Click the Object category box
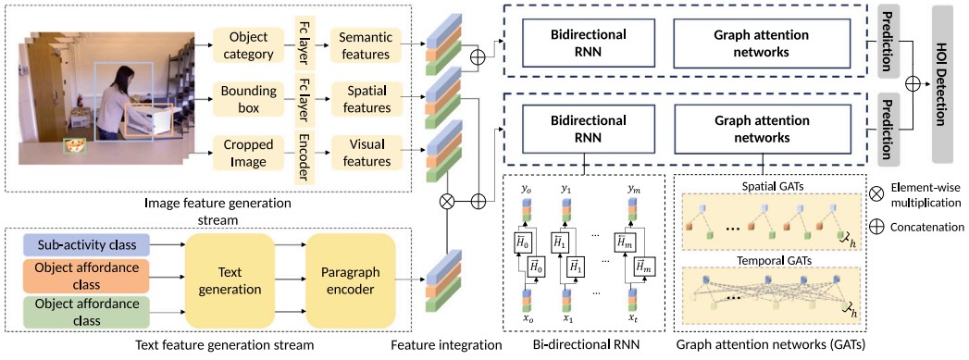click(x=246, y=44)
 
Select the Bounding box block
click(x=246, y=100)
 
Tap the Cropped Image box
click(x=246, y=154)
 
